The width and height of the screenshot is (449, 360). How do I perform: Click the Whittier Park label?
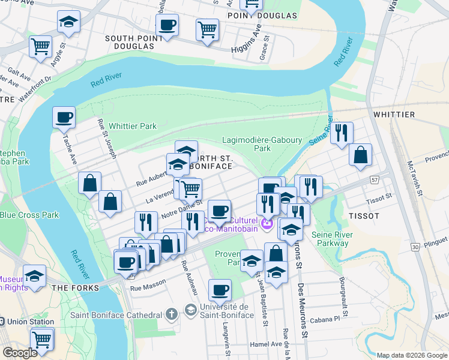132,126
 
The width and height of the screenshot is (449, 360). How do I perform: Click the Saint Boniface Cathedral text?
116,315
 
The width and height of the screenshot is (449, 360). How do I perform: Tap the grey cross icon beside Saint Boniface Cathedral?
171,314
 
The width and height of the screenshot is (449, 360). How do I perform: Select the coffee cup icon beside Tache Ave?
64,118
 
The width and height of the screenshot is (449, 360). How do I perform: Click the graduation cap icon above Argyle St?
69,22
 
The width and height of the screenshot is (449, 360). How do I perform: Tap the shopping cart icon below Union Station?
41,339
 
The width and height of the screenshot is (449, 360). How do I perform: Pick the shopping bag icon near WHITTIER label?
360,155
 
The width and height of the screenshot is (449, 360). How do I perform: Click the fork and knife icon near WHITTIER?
342,133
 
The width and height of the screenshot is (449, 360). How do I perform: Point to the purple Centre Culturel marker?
267,224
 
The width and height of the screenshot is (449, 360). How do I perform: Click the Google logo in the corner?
20,353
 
